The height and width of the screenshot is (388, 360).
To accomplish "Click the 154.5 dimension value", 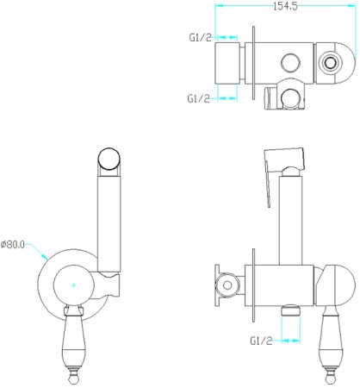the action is (285, 6).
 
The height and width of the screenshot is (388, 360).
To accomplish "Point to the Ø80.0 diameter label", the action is (13, 245).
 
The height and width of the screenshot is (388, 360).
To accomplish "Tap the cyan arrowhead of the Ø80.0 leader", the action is (45, 256).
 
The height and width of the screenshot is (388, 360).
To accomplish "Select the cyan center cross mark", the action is (74, 285).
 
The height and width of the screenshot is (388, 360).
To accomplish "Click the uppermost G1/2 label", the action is (200, 37).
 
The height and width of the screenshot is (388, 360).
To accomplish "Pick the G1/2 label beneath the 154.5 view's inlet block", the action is (198, 98).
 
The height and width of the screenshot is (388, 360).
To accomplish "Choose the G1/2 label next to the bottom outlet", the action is (261, 341).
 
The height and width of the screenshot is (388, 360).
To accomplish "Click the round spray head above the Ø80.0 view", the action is (109, 158).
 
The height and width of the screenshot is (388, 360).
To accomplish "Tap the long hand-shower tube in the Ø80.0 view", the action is (109, 223).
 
